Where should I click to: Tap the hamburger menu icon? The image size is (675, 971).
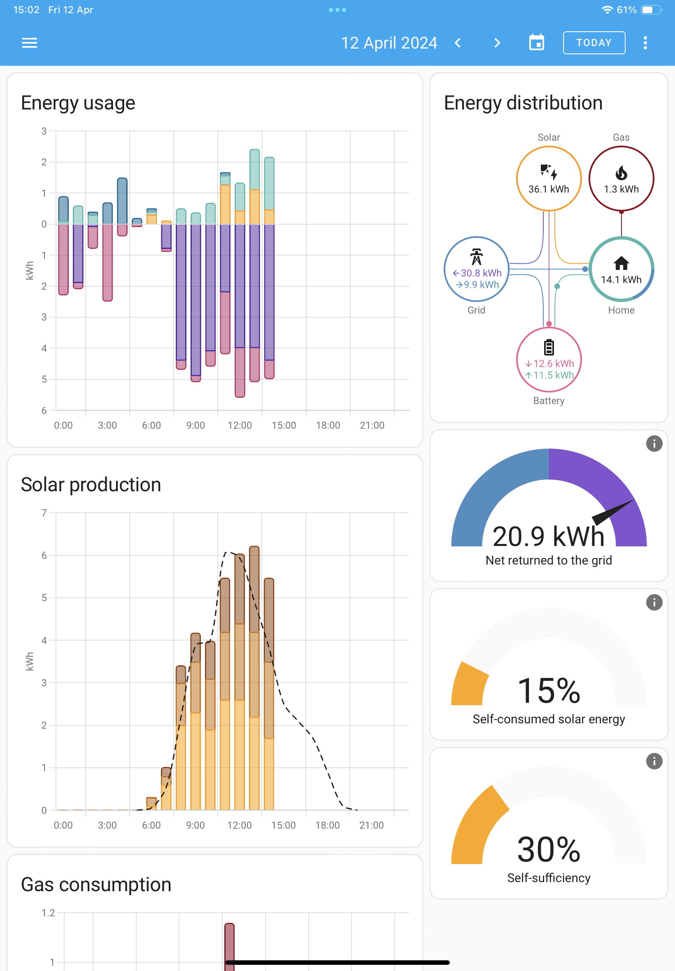[x=30, y=43]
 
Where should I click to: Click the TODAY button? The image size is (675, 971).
[x=594, y=43]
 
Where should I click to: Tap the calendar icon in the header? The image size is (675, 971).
[x=536, y=43]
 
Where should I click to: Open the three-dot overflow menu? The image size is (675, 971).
[x=645, y=43]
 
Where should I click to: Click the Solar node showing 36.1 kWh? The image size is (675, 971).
[x=549, y=179]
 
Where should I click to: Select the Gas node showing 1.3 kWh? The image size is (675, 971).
[x=621, y=179]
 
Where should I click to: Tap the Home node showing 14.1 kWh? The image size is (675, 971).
[x=621, y=269]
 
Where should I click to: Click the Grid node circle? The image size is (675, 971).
[x=476, y=269]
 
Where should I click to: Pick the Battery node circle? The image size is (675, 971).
[x=549, y=359]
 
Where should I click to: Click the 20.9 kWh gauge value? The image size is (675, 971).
[x=549, y=537]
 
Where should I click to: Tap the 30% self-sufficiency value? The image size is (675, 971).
[x=549, y=849]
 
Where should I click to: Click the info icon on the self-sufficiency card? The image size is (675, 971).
[x=654, y=761]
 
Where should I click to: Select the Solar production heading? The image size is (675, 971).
[x=91, y=485]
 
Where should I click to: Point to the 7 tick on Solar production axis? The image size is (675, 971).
[x=44, y=513]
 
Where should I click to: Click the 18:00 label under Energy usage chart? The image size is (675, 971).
[x=328, y=425]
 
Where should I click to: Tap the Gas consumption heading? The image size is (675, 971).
[x=96, y=885]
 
